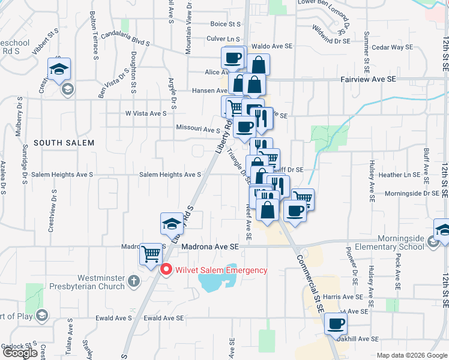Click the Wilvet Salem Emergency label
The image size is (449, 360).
click(x=221, y=270)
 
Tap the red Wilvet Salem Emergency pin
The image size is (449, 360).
click(x=167, y=270)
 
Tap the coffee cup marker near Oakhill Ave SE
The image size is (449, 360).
click(x=336, y=325)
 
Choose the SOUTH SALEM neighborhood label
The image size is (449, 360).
click(x=64, y=143)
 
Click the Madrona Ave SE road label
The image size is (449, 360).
click(x=209, y=246)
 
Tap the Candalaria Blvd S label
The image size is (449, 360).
click(x=124, y=43)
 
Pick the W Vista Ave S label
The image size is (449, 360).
click(x=145, y=113)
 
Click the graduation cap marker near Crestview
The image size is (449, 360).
click(x=59, y=70)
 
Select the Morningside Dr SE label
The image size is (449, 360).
click(x=412, y=193)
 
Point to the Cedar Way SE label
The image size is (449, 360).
click(x=392, y=47)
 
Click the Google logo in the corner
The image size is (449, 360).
click(x=20, y=353)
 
